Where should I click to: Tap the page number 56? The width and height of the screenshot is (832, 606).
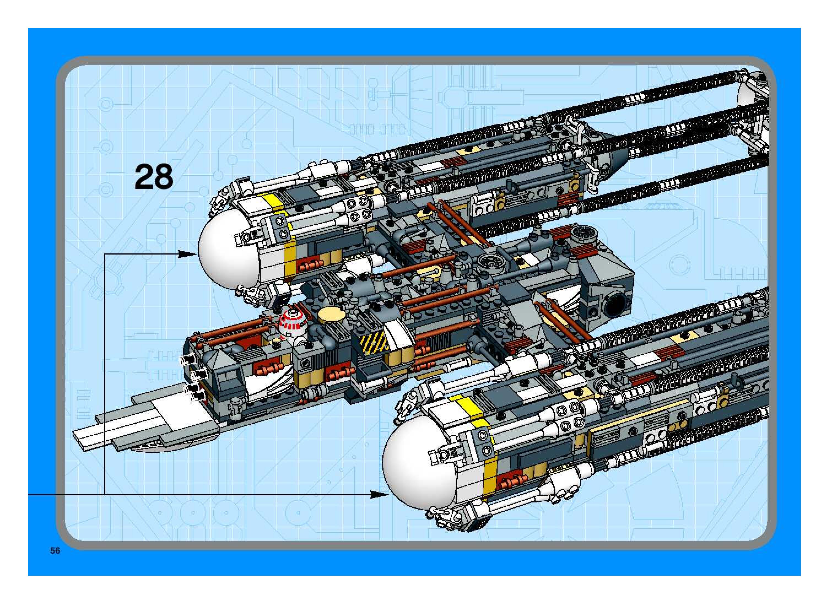click(55, 551)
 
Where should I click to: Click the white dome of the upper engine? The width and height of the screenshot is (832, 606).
click(228, 250)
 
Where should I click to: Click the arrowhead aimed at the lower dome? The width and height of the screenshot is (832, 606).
click(380, 495)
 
